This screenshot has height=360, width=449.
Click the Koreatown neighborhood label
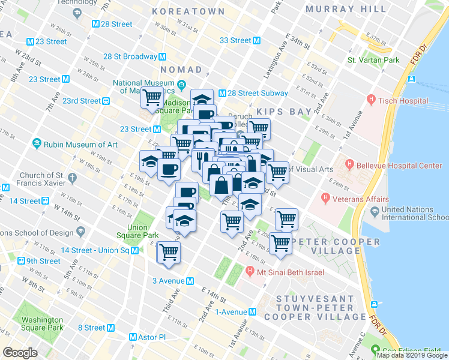coord(188,11)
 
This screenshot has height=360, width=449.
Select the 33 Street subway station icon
coord(256,40)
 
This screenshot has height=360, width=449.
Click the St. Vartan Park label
coord(373,60)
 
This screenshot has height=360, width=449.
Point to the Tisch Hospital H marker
coord(372,99)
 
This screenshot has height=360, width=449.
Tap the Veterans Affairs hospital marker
coord(326,197)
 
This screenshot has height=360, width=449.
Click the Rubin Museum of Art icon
coord(37,145)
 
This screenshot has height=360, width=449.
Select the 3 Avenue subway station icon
coord(190,281)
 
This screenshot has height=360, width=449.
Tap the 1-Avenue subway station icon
coord(253,312)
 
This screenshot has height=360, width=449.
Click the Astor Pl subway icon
coord(134,338)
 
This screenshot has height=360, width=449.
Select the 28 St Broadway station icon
coord(163,56)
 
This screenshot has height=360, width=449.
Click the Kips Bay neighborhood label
coord(284,112)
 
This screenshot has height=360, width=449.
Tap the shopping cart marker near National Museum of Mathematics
coord(152,97)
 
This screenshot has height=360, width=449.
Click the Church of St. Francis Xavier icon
coord(72,178)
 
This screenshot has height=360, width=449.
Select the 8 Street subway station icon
coord(110,328)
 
